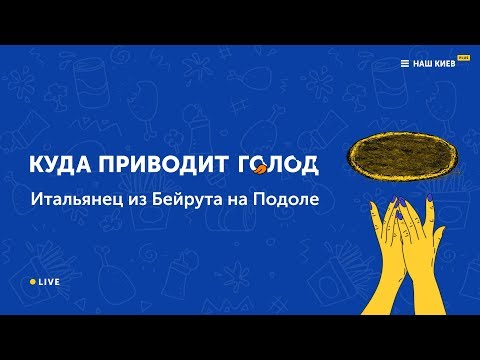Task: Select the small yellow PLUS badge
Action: point(463,56)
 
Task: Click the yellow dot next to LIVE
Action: point(33,283)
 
